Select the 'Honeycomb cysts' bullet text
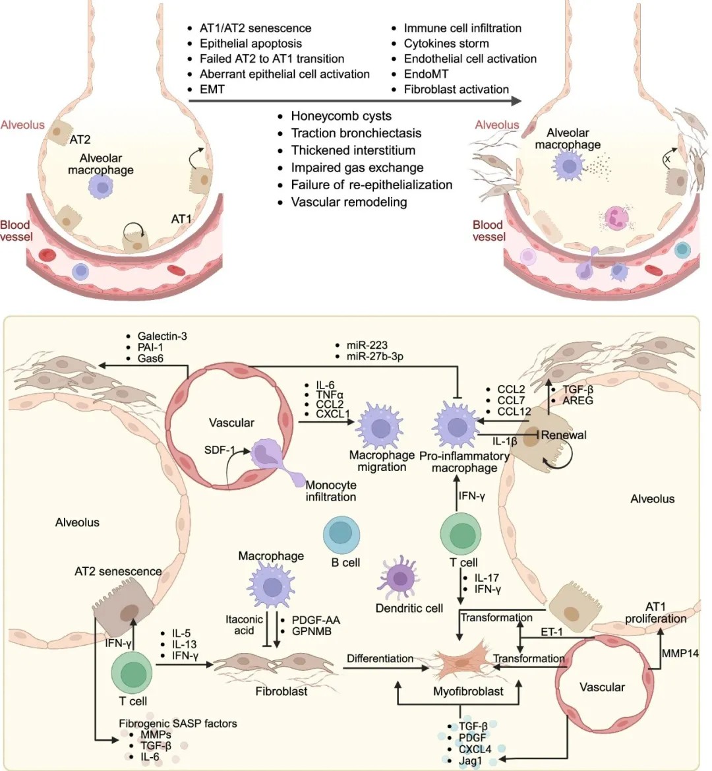click(x=341, y=116)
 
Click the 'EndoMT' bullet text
click(x=426, y=74)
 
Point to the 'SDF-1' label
click(x=220, y=450)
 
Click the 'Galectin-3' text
click(x=162, y=336)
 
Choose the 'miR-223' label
click(x=367, y=345)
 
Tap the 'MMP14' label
click(x=679, y=653)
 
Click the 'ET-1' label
click(x=551, y=631)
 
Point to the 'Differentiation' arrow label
click(x=380, y=658)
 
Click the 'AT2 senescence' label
click(x=118, y=571)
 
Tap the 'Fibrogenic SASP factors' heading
click(x=178, y=723)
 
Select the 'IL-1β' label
click(x=505, y=441)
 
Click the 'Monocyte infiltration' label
click(x=330, y=491)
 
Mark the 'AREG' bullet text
click(x=578, y=400)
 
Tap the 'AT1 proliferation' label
click(x=655, y=613)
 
